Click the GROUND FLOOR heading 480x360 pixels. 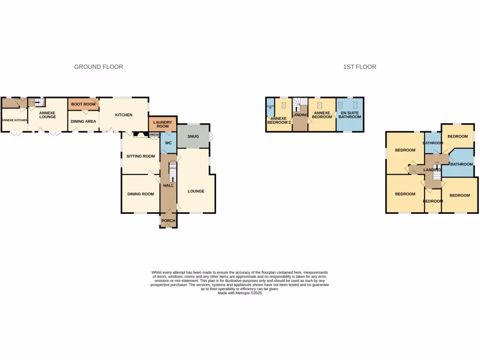[x=98, y=67]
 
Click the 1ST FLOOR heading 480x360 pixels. [x=360, y=67]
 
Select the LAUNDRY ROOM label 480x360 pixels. [x=162, y=124]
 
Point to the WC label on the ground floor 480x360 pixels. [x=167, y=142]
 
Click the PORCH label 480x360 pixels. [x=168, y=221]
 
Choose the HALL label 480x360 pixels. [x=168, y=186]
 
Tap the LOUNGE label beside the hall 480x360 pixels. [x=195, y=191]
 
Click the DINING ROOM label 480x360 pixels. [x=141, y=194]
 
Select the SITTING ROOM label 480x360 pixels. [x=140, y=156]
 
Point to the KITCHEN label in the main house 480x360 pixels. [x=124, y=115]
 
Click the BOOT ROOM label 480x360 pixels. [x=83, y=104]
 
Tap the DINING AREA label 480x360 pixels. [x=83, y=121]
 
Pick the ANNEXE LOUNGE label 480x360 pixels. [x=47, y=115]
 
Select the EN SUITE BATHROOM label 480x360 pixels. [x=350, y=115]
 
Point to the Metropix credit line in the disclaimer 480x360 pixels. [x=240, y=293]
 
